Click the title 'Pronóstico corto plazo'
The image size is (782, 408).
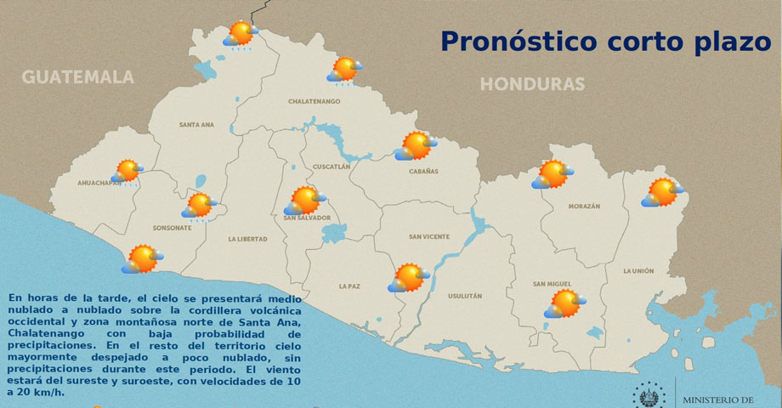(605, 41)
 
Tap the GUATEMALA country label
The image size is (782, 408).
(78, 77)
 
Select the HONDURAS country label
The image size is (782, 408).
(532, 84)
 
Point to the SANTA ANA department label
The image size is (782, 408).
(196, 125)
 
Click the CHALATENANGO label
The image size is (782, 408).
(314, 102)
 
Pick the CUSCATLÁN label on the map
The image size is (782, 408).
(331, 167)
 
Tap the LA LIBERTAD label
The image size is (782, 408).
(247, 240)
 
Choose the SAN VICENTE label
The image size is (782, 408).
(429, 237)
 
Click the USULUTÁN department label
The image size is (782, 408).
(464, 296)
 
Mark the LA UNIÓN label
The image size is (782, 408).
(638, 271)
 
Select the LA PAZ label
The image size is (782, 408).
(349, 286)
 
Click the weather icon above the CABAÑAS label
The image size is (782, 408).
(416, 146)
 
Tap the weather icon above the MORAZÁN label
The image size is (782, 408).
(552, 174)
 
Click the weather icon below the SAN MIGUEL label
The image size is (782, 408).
(565, 303)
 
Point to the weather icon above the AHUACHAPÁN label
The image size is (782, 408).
(127, 171)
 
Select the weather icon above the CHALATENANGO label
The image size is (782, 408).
(344, 69)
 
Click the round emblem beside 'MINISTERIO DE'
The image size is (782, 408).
(649, 395)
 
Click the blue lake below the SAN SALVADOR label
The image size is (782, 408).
(335, 232)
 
